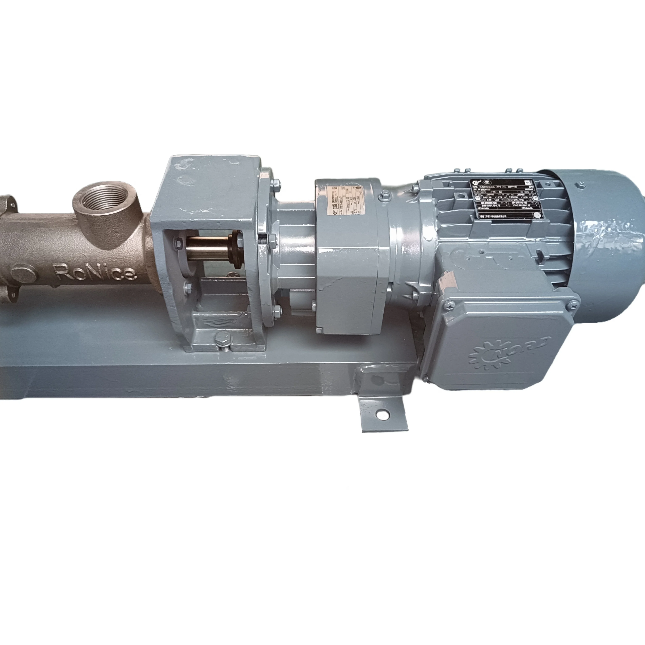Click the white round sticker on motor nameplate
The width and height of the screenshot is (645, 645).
click(538, 216)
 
